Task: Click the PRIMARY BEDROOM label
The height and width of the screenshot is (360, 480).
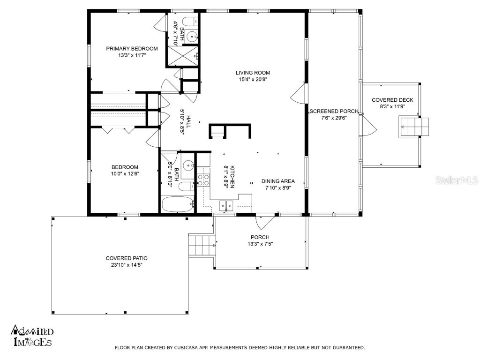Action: [132, 49]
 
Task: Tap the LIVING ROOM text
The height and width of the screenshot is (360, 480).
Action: [253, 73]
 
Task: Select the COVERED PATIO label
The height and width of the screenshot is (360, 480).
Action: [127, 258]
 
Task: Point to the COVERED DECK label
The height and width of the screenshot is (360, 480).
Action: [392, 100]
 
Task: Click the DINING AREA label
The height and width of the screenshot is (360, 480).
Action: [278, 181]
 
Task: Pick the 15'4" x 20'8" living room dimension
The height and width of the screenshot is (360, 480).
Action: [253, 80]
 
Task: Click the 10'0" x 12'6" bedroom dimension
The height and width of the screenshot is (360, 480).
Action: [125, 174]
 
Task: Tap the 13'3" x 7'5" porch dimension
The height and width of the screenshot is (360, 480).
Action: [260, 244]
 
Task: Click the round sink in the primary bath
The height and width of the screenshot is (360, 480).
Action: [191, 36]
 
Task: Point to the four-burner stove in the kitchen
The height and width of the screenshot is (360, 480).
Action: [204, 180]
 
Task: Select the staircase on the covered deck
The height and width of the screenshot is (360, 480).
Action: [413, 127]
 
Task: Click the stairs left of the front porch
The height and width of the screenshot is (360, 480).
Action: [202, 245]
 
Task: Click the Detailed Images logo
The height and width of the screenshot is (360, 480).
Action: [32, 337]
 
